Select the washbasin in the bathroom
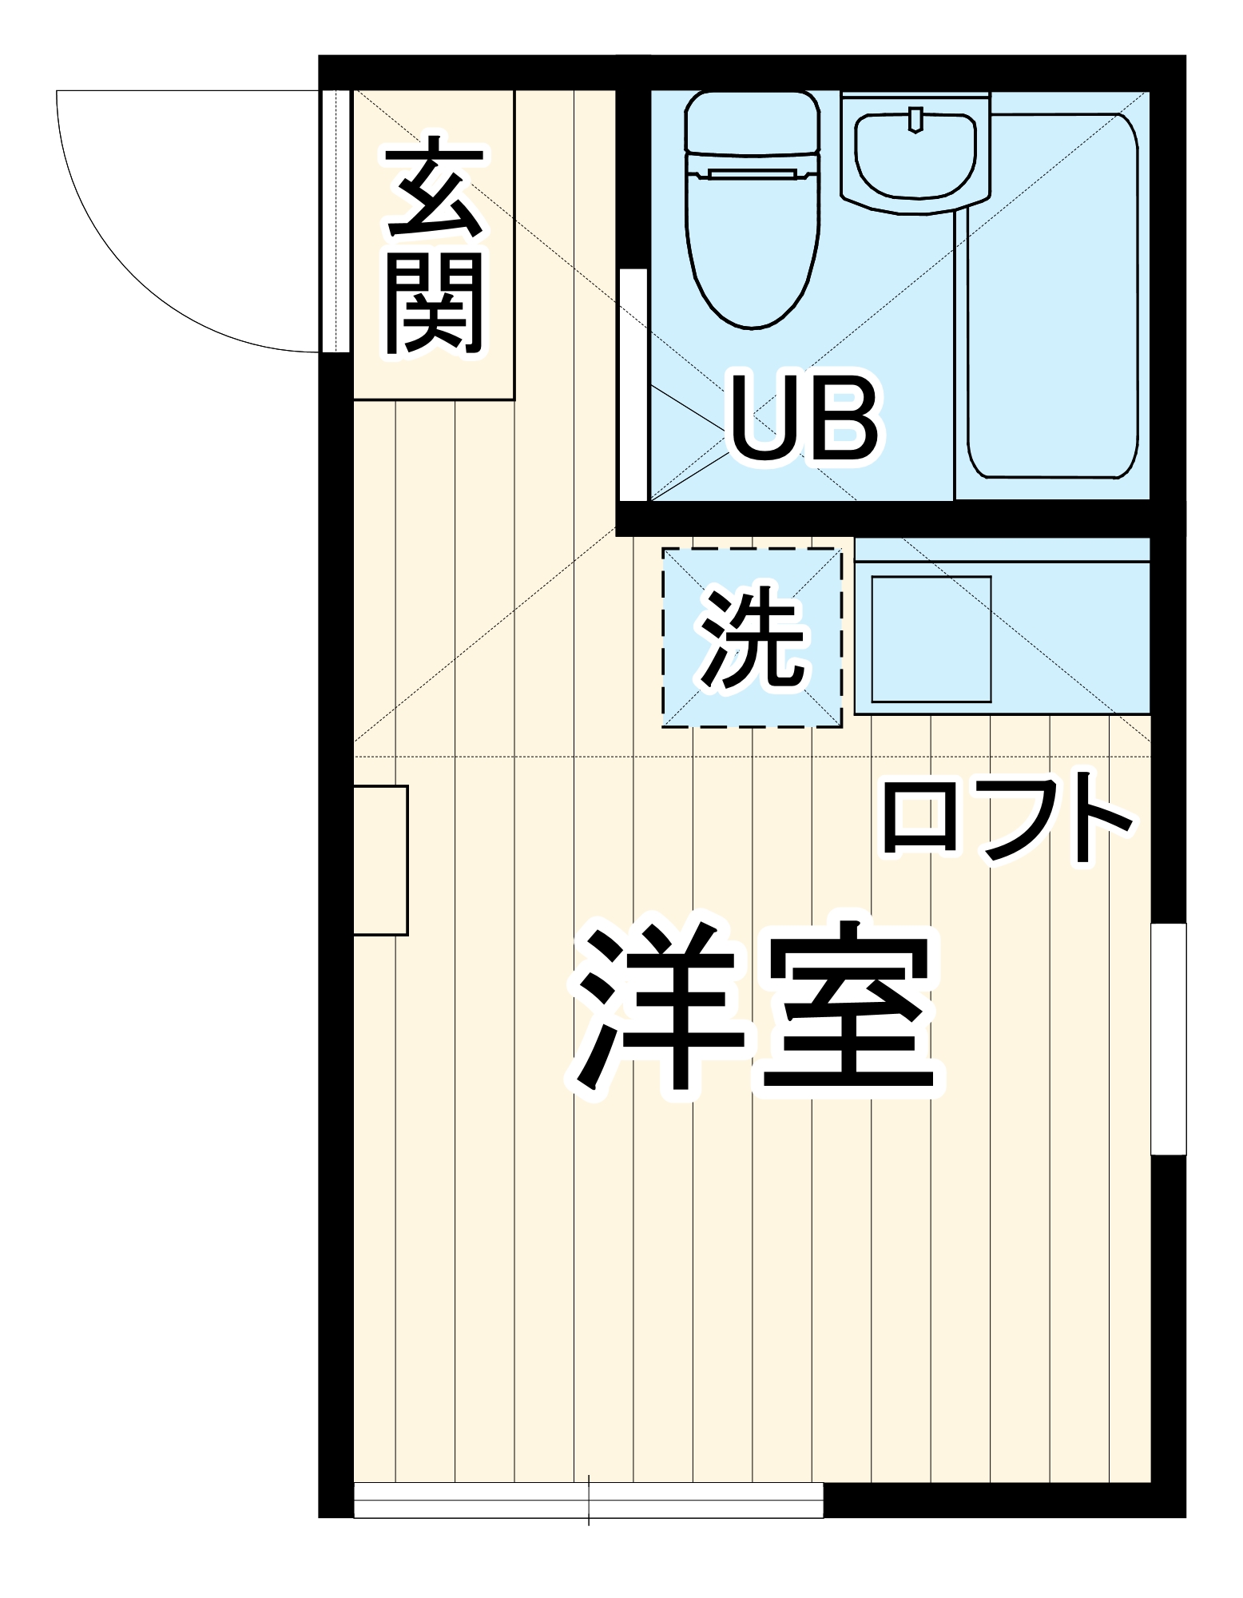915,157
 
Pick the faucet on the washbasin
915,119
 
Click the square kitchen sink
931,639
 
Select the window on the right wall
1168,1039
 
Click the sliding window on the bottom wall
588,1501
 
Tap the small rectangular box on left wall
381,861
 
